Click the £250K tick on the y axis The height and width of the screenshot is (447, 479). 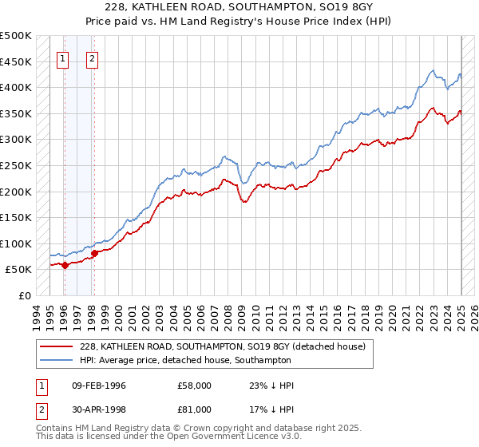[x=16, y=165]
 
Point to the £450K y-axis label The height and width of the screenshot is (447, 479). [x=16, y=61]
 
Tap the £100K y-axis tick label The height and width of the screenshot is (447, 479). [x=16, y=243]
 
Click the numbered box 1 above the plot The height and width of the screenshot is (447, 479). [x=63, y=57]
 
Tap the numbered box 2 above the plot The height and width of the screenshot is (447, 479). [x=93, y=57]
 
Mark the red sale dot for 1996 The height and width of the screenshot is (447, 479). [x=65, y=266]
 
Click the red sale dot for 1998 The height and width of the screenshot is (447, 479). [x=94, y=253]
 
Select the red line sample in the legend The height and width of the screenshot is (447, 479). [x=55, y=346]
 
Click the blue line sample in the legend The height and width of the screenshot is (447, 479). [x=55, y=360]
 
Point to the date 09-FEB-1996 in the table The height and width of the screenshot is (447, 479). [x=99, y=386]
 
